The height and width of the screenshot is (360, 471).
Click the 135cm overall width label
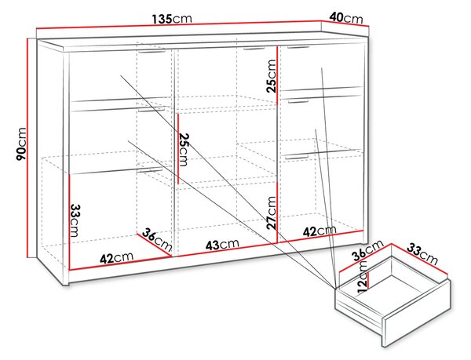pyautogui.click(x=171, y=19)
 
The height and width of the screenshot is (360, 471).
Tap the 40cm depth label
pyautogui.click(x=346, y=17)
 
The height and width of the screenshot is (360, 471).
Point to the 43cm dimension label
pyautogui.click(x=222, y=245)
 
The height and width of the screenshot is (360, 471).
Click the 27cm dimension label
pyautogui.click(x=272, y=213)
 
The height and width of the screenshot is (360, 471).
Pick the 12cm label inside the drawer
pyautogui.click(x=363, y=277)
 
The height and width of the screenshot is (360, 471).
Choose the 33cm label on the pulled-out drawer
pyautogui.click(x=422, y=254)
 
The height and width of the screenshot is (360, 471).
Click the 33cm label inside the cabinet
pyautogui.click(x=75, y=220)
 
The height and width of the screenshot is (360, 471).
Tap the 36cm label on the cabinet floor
pyautogui.click(x=156, y=239)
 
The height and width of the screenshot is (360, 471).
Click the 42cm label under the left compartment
pyautogui.click(x=116, y=257)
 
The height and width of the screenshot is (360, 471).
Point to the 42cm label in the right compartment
pyautogui.click(x=319, y=231)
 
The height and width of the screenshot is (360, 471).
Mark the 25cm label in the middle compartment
pyautogui.click(x=184, y=150)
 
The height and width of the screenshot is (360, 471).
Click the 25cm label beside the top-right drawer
pyautogui.click(x=272, y=76)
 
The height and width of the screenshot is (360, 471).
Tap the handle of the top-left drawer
pyautogui.click(x=152, y=53)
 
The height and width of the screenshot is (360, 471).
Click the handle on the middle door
pyautogui.click(x=254, y=48)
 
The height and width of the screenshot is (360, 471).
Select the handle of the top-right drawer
pyautogui.click(x=298, y=47)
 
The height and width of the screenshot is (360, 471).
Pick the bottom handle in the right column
pyautogui.click(x=297, y=156)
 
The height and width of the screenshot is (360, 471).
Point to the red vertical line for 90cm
pyautogui.click(x=27, y=148)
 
